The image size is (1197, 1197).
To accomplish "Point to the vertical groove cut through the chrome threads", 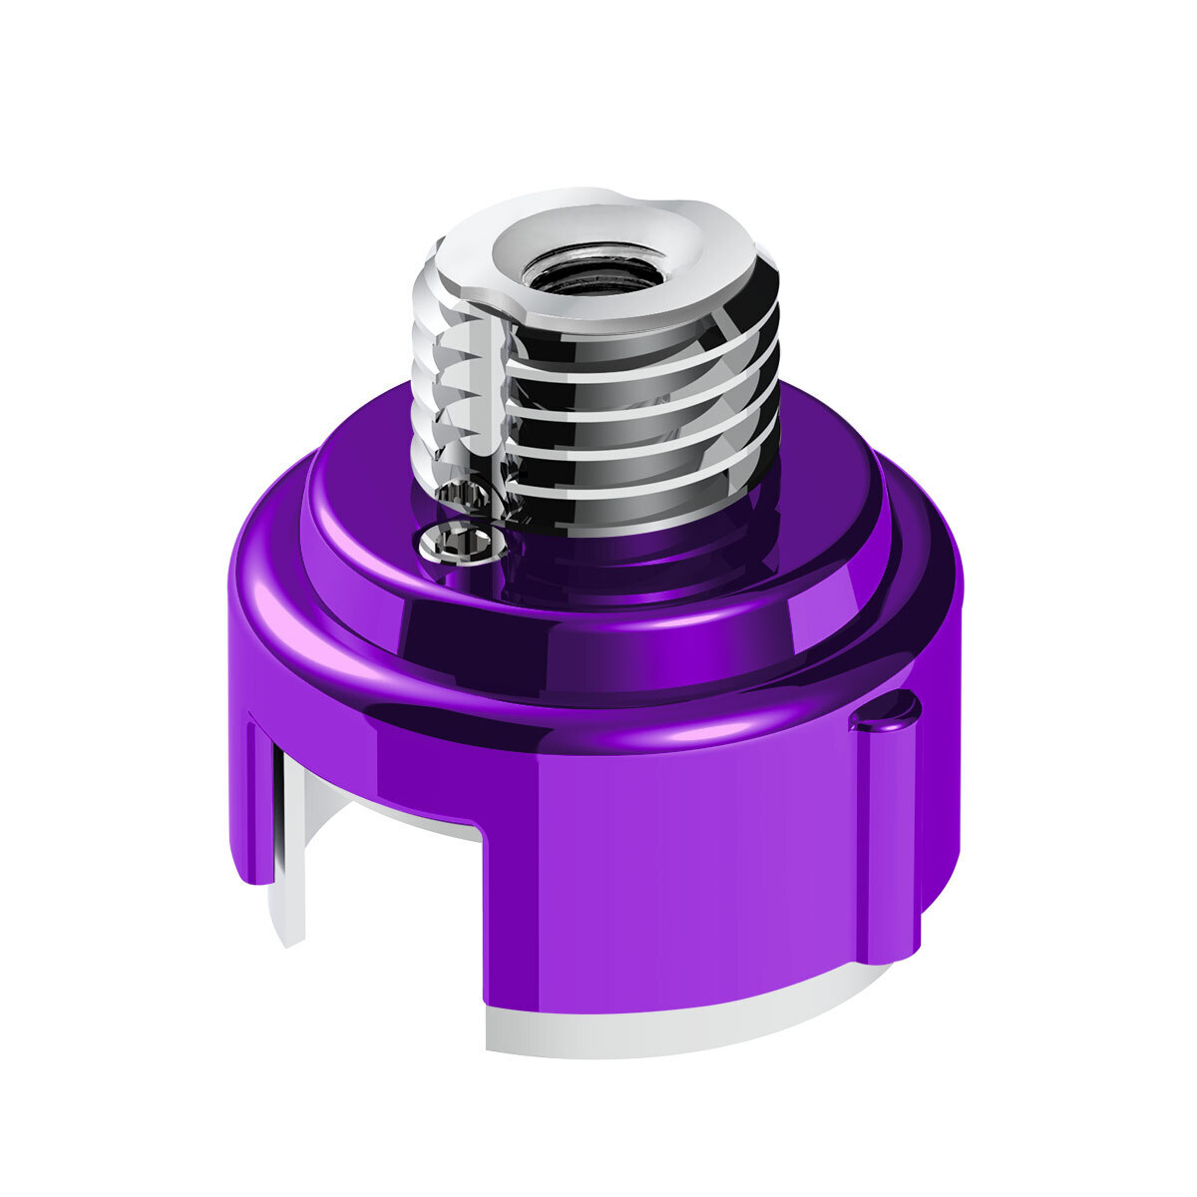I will pos(489,399).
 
